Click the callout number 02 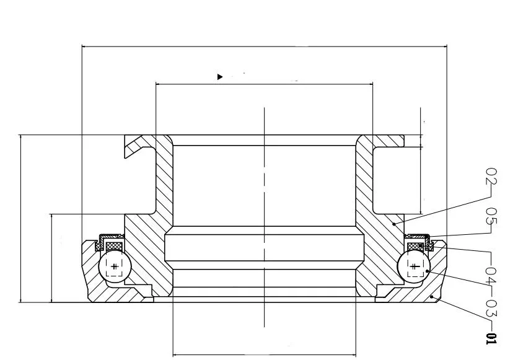coord(491,177)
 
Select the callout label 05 coord(491,216)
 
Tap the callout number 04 coord(491,274)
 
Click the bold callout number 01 coord(491,338)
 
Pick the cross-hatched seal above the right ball coord(413,247)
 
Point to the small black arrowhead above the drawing coord(219,77)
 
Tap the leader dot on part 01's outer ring coord(432,298)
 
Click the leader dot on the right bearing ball coord(427,271)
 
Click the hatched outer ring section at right coord(437,276)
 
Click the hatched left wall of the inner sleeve coord(164,186)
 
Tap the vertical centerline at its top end coord(265,109)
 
